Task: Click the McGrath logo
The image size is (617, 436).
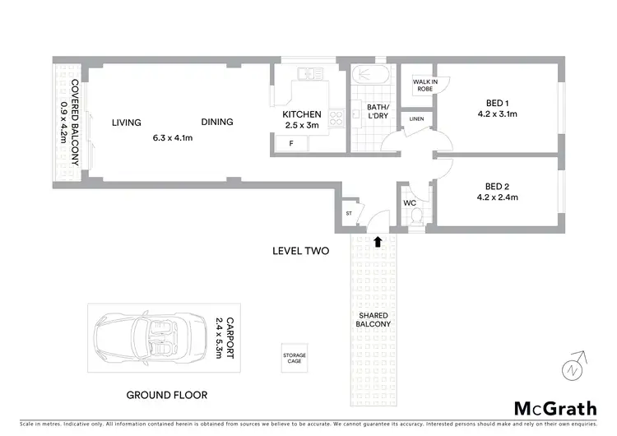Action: click(556, 407)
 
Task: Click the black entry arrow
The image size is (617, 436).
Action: click(378, 242)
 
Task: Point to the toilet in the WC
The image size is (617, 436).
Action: click(415, 216)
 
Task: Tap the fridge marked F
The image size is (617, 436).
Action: click(290, 144)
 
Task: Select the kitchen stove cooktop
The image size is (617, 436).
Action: click(336, 118)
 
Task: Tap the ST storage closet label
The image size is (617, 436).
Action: click(349, 213)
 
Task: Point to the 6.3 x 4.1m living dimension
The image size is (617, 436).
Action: click(173, 138)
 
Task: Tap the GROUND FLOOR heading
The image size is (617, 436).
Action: click(166, 395)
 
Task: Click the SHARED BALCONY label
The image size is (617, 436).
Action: click(373, 318)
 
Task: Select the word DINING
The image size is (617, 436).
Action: click(217, 122)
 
